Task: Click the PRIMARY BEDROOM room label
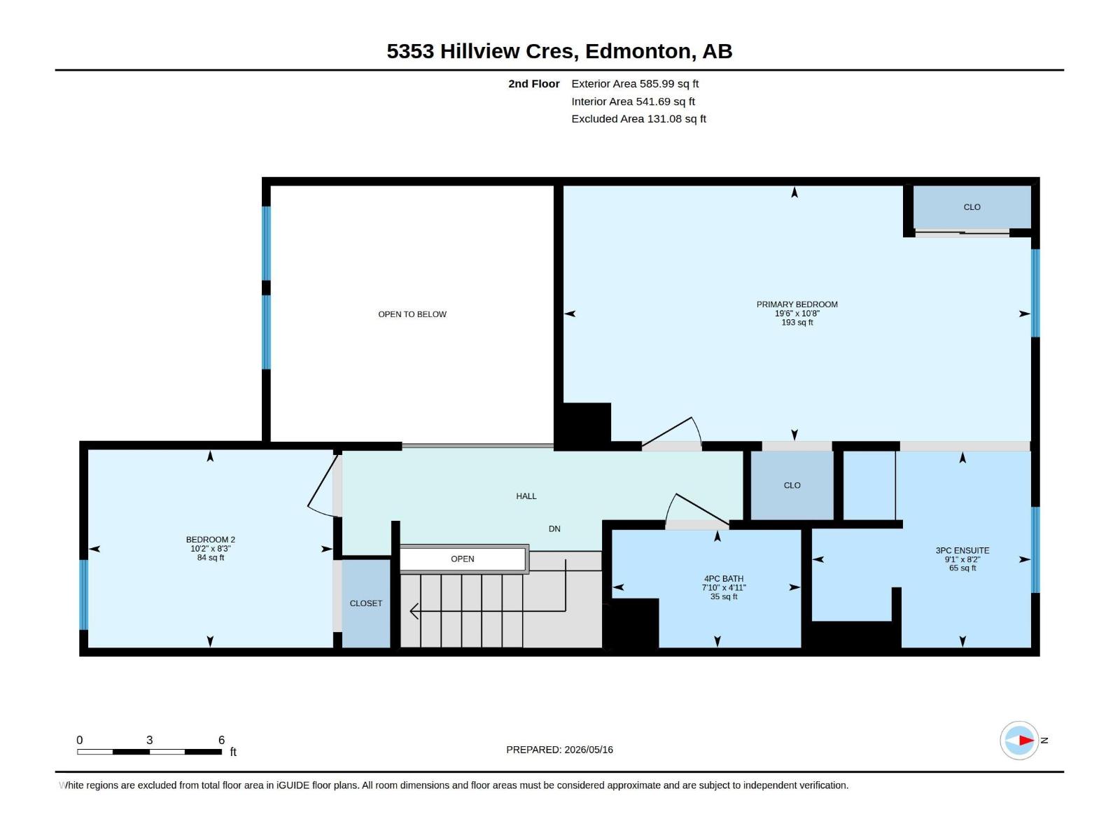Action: [x=797, y=304]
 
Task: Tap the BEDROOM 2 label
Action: [x=210, y=540]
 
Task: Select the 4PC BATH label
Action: [x=724, y=579]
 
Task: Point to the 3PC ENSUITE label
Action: [x=962, y=551]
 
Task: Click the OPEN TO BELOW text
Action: [x=412, y=315]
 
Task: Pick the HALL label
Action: [x=526, y=496]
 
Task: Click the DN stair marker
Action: [x=554, y=529]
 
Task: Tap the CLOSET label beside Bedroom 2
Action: [x=366, y=603]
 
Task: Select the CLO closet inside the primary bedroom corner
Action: [x=972, y=207]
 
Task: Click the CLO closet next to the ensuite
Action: [x=792, y=486]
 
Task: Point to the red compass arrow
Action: [x=1026, y=740]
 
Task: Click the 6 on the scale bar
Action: [x=221, y=740]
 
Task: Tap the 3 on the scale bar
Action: [x=150, y=740]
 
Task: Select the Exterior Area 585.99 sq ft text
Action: [x=635, y=83]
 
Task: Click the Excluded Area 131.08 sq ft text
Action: [x=638, y=119]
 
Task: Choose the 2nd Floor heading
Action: [x=533, y=83]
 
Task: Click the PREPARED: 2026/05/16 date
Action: [x=560, y=750]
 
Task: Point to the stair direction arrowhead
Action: [x=414, y=611]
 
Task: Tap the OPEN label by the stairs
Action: [x=462, y=559]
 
